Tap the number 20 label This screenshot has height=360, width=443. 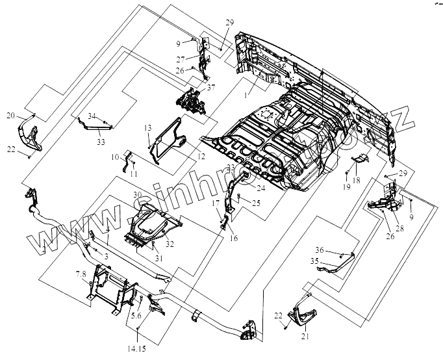pos(10,115)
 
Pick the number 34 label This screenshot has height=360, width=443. pos(92,116)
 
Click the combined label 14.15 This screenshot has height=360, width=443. pos(138,349)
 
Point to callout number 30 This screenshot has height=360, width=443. pos(136,194)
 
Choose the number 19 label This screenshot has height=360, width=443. pos(346,186)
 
